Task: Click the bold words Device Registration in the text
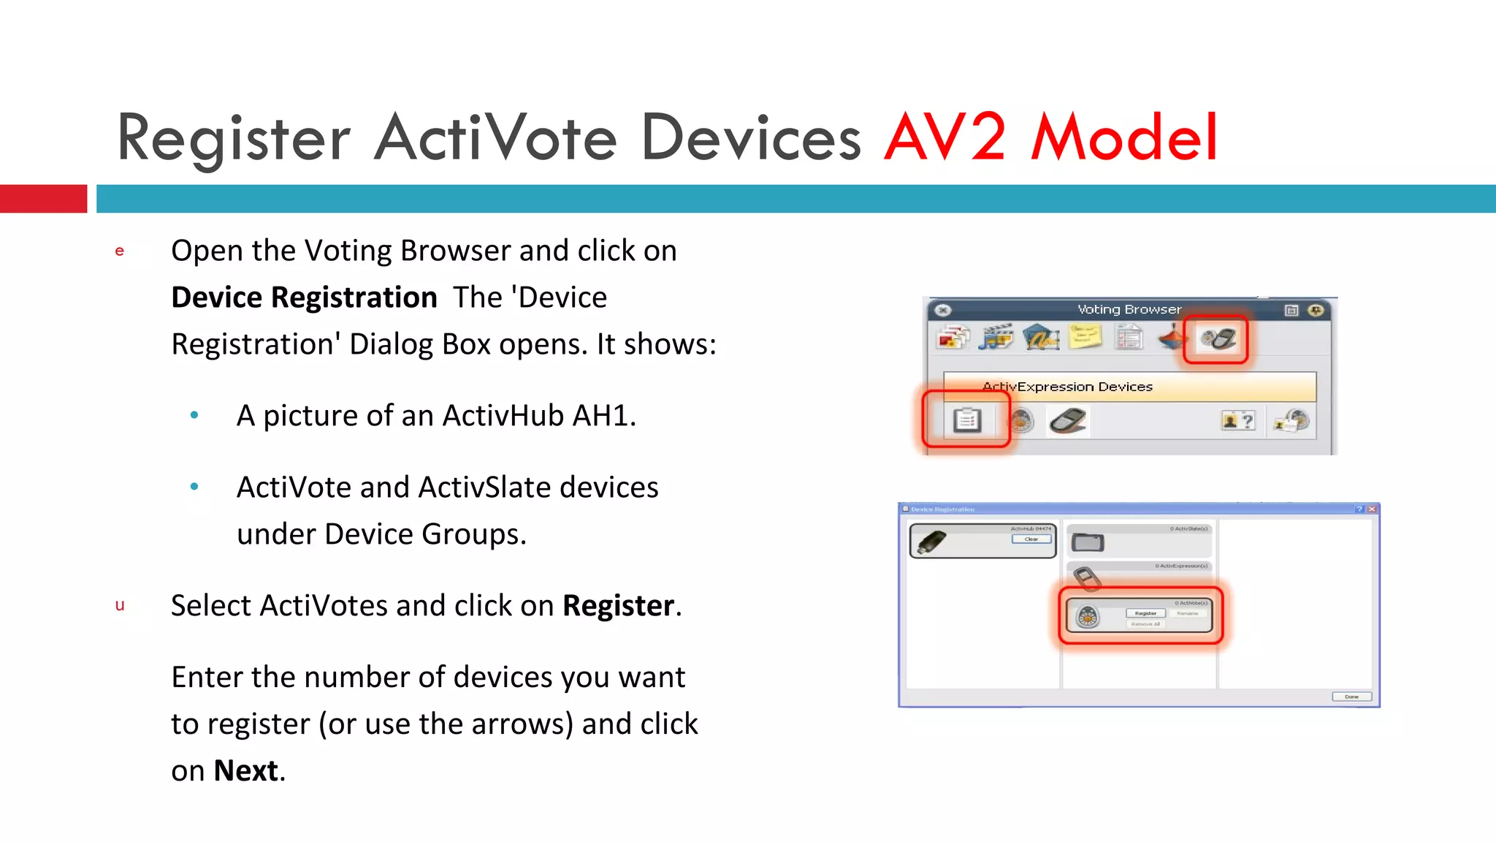304,297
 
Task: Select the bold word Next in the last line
245,770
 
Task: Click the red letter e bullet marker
120,251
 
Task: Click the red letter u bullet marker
120,605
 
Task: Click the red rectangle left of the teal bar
43,199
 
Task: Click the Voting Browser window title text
1129,309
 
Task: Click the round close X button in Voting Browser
943,310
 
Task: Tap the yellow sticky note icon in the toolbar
1085,338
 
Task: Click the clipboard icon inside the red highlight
966,420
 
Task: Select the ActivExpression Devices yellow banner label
1067,387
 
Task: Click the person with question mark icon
1237,420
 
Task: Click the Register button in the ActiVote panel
1145,613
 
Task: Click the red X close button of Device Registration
1372,509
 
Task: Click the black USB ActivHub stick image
932,542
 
